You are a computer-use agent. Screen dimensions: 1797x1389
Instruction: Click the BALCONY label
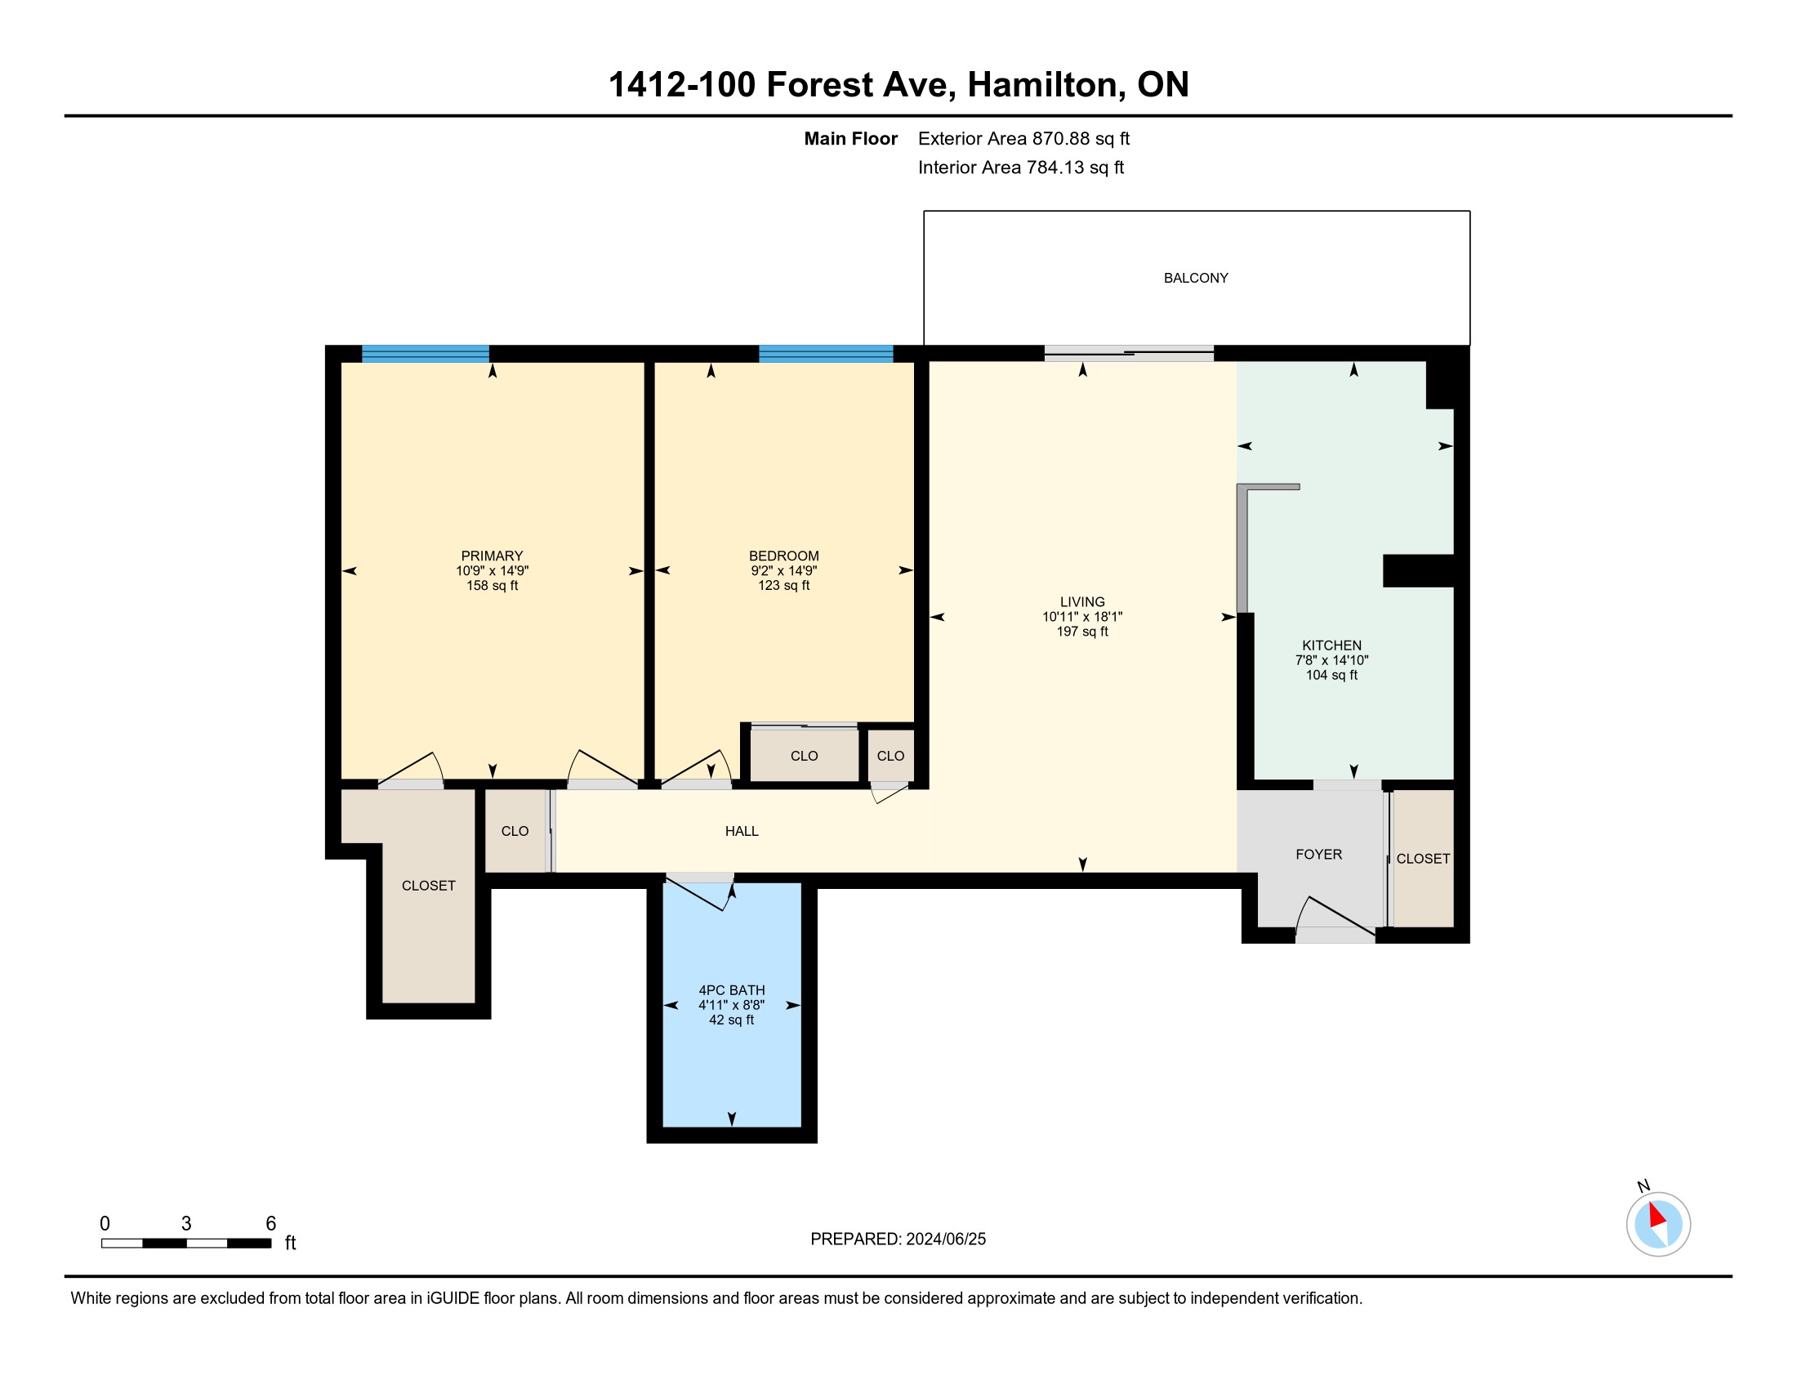pyautogui.click(x=1196, y=278)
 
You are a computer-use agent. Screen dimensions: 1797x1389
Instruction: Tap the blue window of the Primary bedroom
pyautogui.click(x=426, y=354)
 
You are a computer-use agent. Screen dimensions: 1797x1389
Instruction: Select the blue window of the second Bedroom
pyautogui.click(x=825, y=354)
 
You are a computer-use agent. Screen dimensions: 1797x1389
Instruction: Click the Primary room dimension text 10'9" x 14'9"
pyautogui.click(x=492, y=571)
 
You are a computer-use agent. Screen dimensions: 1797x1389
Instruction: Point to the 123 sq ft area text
pyautogui.click(x=783, y=586)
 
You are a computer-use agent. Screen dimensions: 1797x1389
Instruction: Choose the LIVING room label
pyautogui.click(x=1082, y=602)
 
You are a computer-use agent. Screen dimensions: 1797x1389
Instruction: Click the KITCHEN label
pyautogui.click(x=1331, y=646)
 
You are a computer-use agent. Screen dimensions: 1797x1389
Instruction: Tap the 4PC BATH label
pyautogui.click(x=732, y=991)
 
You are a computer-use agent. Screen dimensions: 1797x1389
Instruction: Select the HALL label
pyautogui.click(x=742, y=831)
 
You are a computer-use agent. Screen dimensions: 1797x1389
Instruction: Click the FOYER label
pyautogui.click(x=1318, y=854)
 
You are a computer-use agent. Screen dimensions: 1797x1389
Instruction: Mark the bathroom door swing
pyautogui.click(x=700, y=894)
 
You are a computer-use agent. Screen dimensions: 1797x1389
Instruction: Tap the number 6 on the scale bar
pyautogui.click(x=270, y=1224)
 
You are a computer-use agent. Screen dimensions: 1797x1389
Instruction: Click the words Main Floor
pyautogui.click(x=851, y=139)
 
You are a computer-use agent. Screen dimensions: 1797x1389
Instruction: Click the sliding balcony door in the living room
pyautogui.click(x=1129, y=354)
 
